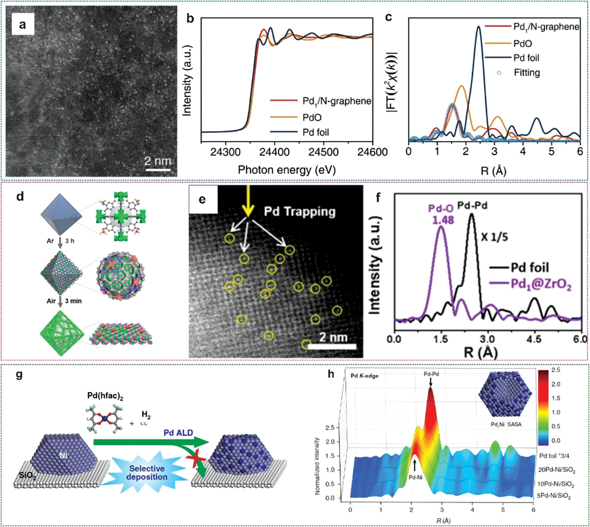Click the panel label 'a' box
22,25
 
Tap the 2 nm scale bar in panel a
157,168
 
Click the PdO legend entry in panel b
312,117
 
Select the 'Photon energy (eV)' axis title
287,169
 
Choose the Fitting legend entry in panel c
526,72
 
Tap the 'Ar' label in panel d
50,241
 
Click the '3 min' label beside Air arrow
73,301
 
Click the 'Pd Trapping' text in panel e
299,212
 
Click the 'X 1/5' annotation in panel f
494,237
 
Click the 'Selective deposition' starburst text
147,472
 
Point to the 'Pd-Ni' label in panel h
415,476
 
